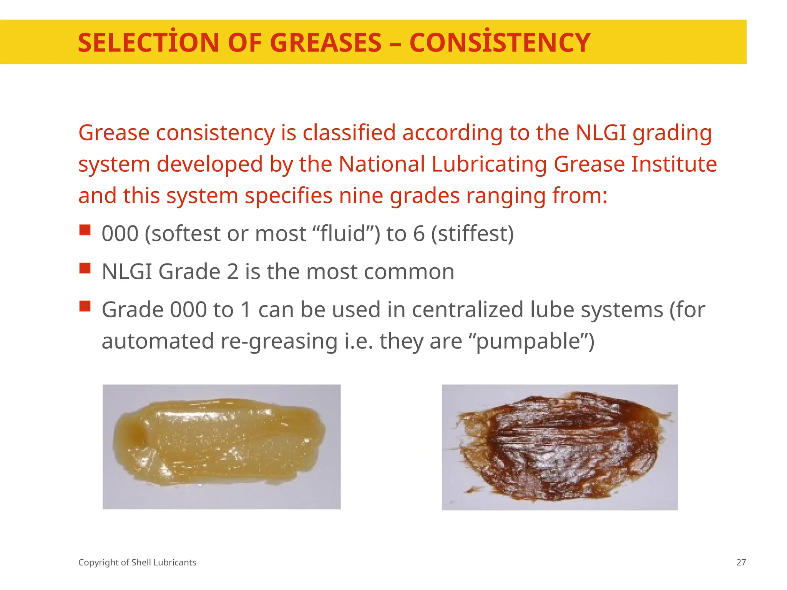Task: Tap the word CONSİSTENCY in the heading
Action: [x=500, y=43]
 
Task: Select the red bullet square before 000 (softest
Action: [x=85, y=230]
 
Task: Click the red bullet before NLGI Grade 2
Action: [x=85, y=268]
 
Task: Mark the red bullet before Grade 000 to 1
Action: [x=85, y=306]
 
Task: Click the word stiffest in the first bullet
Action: [x=472, y=234]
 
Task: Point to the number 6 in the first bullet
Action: [x=419, y=234]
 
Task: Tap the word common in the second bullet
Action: [x=409, y=272]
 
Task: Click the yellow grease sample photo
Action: [x=221, y=447]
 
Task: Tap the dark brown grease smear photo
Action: [x=560, y=447]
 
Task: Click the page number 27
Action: [x=741, y=563]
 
